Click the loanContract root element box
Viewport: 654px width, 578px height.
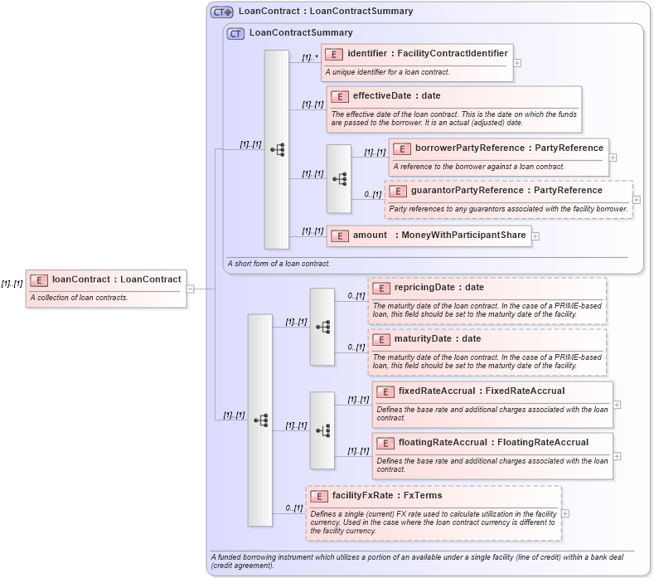tap(106, 279)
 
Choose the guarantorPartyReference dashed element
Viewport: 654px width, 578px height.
tap(506, 191)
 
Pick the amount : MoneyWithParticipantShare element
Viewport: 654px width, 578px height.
tap(429, 236)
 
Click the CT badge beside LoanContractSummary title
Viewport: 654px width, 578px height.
tap(235, 33)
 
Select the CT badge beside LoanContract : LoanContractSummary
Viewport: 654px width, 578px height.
tap(221, 12)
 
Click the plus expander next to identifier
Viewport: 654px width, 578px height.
tap(517, 62)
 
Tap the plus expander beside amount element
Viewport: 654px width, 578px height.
tap(535, 236)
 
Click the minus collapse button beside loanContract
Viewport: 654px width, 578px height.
tap(191, 289)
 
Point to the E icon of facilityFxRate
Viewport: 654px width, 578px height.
tap(319, 496)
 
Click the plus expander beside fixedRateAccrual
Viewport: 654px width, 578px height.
tap(617, 406)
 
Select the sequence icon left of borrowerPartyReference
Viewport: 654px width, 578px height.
tap(339, 178)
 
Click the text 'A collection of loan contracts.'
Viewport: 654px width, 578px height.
tap(79, 298)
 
